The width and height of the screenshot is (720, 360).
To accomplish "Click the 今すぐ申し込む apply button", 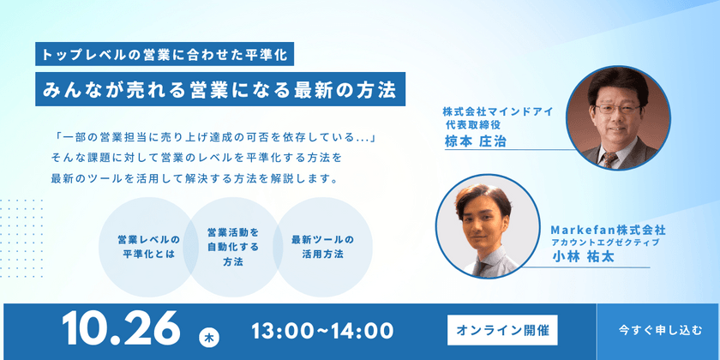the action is (x=658, y=331).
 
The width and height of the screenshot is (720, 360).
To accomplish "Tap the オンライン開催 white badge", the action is (x=502, y=330).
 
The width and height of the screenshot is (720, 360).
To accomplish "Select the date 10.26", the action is (x=121, y=329).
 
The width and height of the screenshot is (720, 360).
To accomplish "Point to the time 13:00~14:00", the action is (x=322, y=331).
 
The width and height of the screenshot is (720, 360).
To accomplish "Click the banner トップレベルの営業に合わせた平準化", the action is (x=165, y=55).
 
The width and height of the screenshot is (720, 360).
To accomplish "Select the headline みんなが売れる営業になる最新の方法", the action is (x=220, y=89).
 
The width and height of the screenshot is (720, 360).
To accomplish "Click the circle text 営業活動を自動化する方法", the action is (x=233, y=247).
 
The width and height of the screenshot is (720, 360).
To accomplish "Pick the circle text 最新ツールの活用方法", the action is (x=323, y=247).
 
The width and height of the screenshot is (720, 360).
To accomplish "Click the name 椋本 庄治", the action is (x=475, y=141).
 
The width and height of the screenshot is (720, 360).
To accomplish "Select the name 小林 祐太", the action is (x=584, y=258).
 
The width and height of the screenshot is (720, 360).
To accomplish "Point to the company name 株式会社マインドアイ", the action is (x=497, y=111).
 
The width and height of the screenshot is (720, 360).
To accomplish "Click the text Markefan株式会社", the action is (x=608, y=229).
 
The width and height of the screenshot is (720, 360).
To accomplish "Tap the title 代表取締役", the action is (x=472, y=124).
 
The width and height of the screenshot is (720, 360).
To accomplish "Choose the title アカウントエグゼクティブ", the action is (x=608, y=242).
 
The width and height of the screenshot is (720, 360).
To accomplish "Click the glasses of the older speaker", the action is (x=617, y=109).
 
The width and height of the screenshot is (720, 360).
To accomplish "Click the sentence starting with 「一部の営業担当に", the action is (x=215, y=137).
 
